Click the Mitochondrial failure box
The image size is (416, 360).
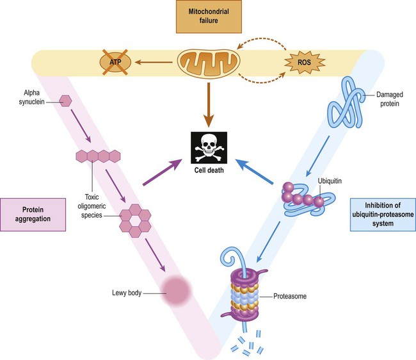coord(207,20)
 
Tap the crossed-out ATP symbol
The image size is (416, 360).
coord(115,62)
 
